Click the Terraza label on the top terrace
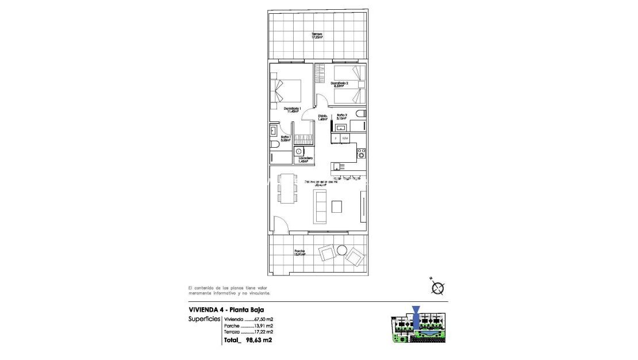317,36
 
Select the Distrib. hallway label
323,118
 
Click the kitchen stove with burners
362,153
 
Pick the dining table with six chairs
287,187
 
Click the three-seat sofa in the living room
320,208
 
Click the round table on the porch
342,250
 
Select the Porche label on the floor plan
299,252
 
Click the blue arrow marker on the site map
417,314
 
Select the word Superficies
204,319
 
